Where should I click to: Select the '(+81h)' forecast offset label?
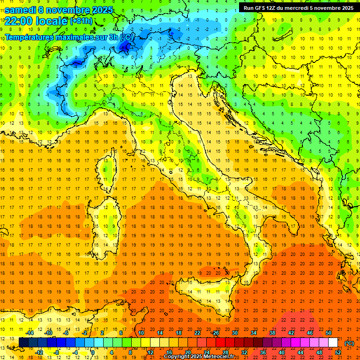(82, 21)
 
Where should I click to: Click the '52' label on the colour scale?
(337, 352)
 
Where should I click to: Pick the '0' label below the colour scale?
(93, 352)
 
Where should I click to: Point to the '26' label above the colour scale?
(215, 332)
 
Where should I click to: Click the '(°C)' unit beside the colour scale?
(349, 343)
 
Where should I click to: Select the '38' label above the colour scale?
(272, 332)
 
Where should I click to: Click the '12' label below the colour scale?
(150, 352)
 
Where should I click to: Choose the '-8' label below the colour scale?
(56, 352)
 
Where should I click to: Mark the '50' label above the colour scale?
(328, 332)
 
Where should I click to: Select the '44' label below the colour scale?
(300, 352)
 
